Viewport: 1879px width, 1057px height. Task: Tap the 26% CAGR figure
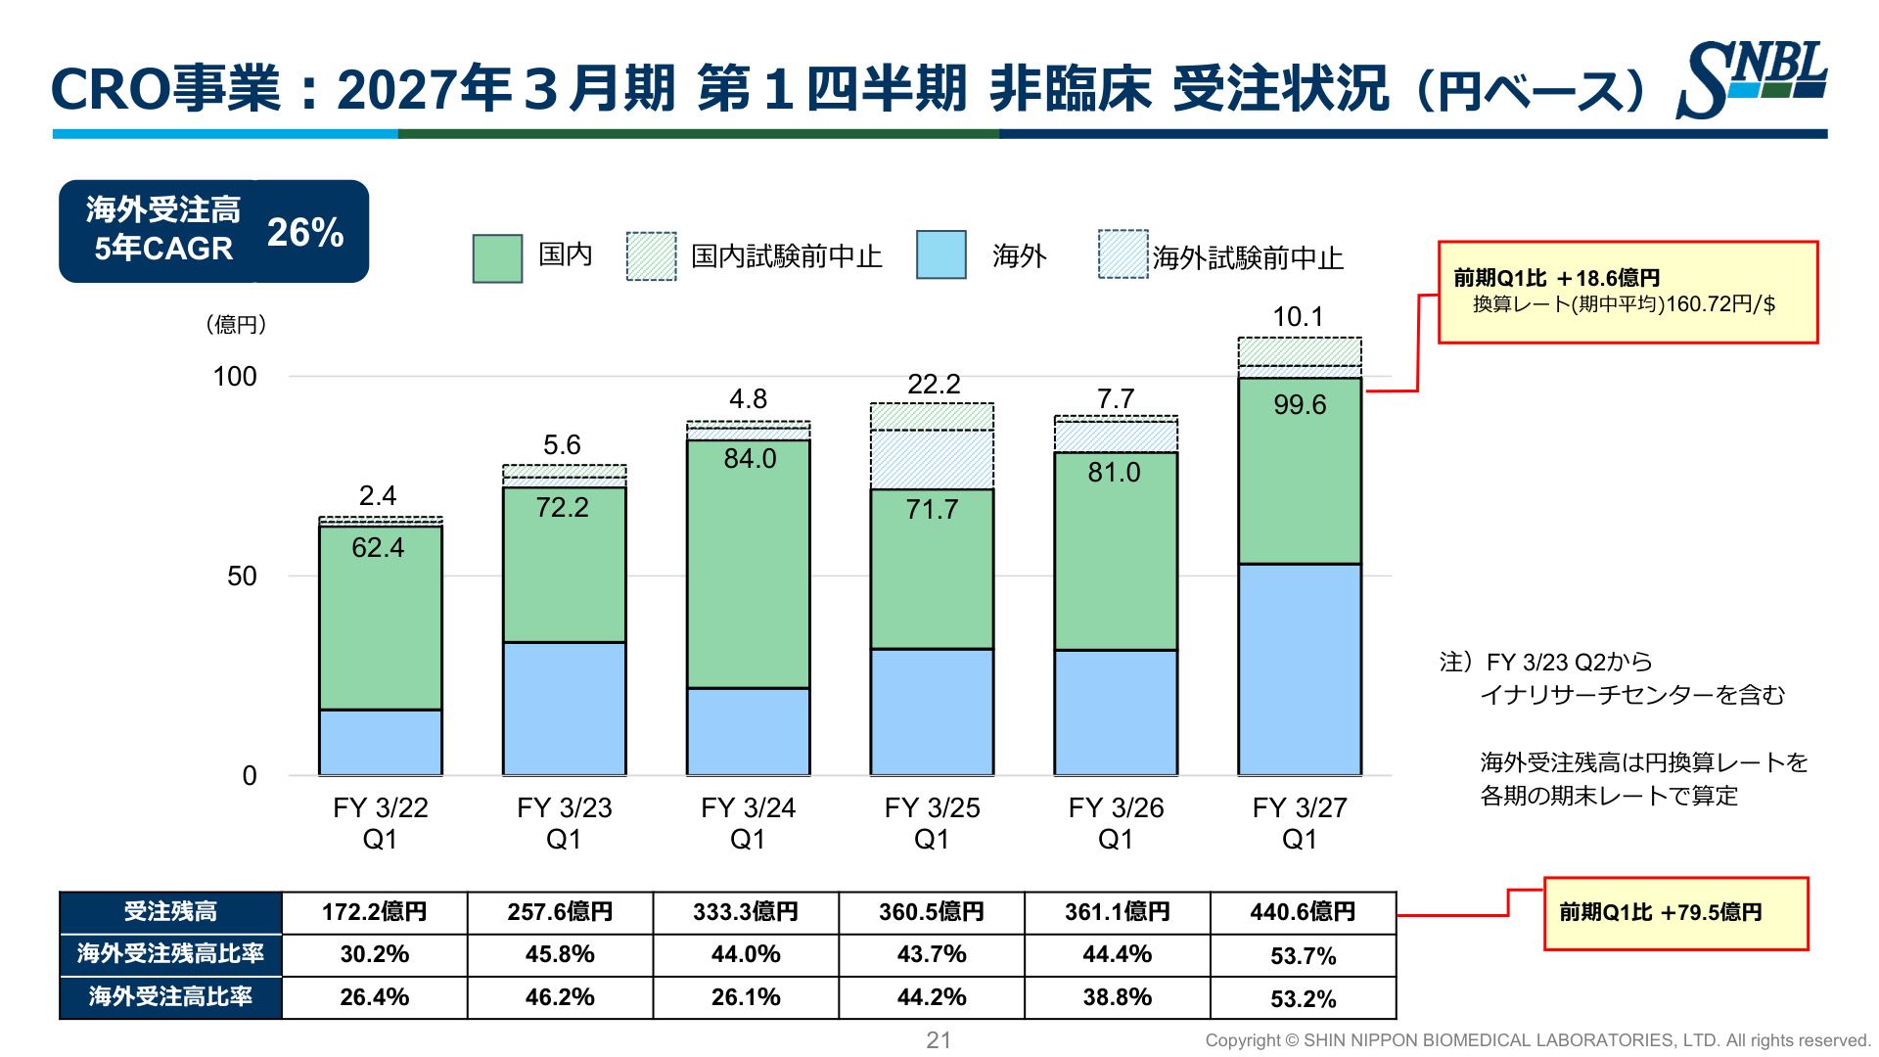point(305,232)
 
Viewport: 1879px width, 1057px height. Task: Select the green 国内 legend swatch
point(497,258)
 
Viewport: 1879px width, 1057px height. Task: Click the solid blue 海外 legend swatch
point(941,255)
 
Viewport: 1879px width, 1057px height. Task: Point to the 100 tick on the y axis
point(235,377)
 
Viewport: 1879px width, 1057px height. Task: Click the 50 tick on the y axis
point(242,576)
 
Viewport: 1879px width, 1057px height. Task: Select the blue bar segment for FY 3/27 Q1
point(1300,669)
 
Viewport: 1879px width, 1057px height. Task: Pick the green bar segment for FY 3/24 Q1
point(749,564)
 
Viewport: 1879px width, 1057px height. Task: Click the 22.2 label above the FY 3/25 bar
point(934,385)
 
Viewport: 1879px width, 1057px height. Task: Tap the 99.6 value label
point(1300,404)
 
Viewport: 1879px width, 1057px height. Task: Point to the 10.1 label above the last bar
point(1298,317)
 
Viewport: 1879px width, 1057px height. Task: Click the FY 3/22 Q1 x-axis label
point(380,823)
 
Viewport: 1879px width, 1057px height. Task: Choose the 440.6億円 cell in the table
point(1303,912)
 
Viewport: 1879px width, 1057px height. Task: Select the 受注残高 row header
point(170,912)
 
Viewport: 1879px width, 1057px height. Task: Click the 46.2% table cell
point(560,997)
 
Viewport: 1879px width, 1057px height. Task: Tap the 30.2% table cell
point(375,954)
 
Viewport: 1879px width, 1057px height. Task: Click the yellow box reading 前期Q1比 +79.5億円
point(1675,913)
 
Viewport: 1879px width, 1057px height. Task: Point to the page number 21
point(939,1040)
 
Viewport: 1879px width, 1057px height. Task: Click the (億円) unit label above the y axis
point(236,325)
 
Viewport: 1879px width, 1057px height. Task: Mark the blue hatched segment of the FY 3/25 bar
point(933,460)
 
